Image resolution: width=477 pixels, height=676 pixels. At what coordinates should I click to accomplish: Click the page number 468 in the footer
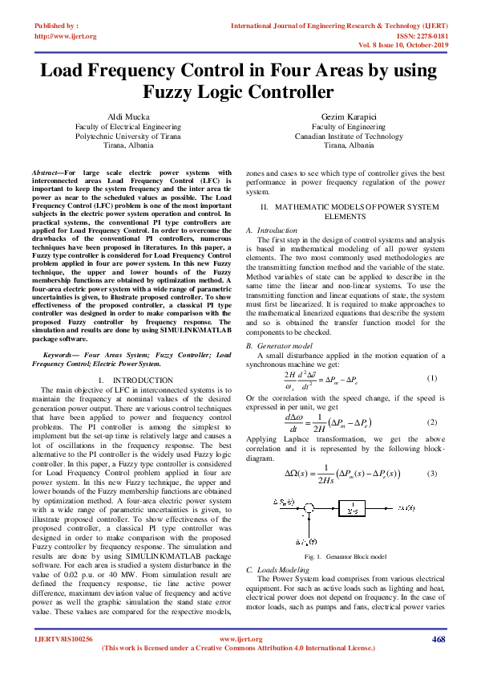point(438,638)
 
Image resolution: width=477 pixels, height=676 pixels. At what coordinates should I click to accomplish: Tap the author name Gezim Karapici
point(349,117)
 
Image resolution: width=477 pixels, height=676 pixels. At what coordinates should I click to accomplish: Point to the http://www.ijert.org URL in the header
point(66,36)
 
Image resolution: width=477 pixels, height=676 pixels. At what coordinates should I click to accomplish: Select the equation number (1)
point(432,378)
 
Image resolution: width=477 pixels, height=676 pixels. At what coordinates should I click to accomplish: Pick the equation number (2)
point(432,422)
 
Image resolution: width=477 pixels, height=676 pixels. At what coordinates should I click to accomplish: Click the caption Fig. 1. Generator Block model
point(346,556)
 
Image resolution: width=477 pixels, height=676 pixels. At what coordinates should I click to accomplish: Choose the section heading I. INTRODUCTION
point(128,379)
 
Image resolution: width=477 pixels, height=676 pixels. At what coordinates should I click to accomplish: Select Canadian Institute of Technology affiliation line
point(349,136)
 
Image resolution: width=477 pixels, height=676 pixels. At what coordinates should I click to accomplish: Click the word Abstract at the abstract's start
point(46,173)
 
